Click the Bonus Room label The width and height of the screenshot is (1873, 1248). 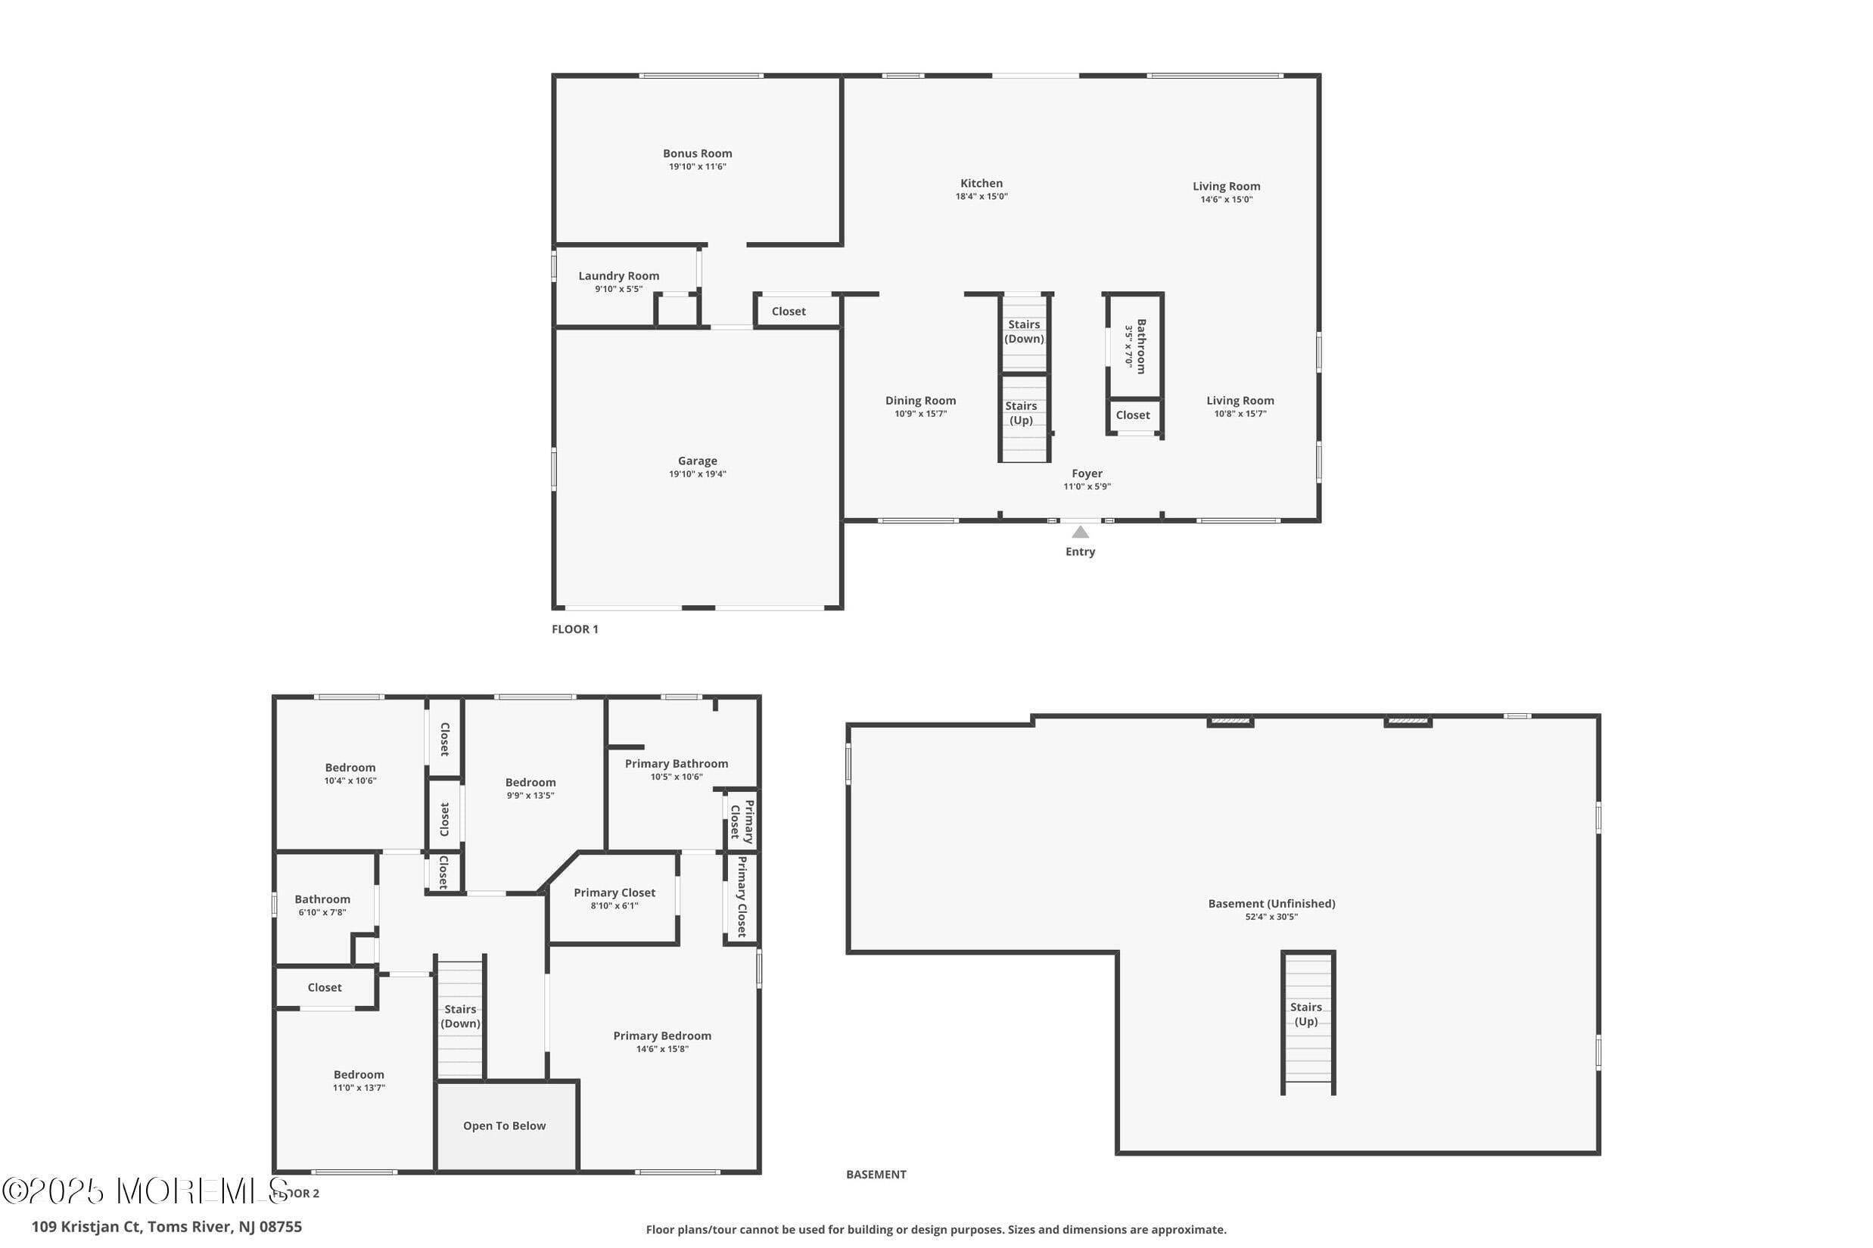click(x=697, y=154)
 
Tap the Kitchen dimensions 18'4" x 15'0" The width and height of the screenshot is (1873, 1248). click(x=981, y=197)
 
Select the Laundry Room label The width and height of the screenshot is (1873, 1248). click(x=619, y=276)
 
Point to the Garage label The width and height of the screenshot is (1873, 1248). click(x=697, y=461)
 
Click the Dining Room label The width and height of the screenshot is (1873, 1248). click(x=920, y=401)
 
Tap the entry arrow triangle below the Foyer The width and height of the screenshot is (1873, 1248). click(x=1080, y=532)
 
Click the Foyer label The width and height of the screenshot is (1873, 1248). click(x=1087, y=473)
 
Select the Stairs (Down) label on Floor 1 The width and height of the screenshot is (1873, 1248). click(x=1024, y=332)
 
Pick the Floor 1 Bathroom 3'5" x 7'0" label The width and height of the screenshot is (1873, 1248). click(x=1135, y=346)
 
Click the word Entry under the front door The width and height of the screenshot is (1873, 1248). click(x=1080, y=551)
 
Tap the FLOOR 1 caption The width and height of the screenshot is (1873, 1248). click(x=574, y=629)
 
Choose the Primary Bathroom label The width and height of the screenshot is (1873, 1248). click(x=676, y=764)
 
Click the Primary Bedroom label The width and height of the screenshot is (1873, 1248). click(x=661, y=1036)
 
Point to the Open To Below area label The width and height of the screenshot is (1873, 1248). click(x=504, y=1126)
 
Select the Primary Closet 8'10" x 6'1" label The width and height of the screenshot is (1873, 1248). click(x=614, y=899)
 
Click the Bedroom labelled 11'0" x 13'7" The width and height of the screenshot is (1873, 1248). click(x=359, y=1081)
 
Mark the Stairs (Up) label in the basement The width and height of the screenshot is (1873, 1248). click(x=1306, y=1014)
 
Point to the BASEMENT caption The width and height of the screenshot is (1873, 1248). click(x=876, y=1174)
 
